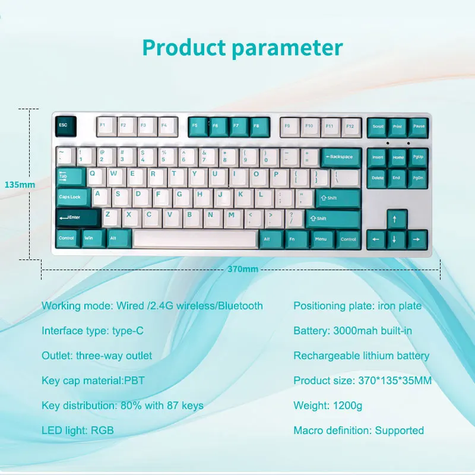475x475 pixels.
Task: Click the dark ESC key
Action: coord(66,126)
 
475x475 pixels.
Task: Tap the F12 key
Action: coord(351,127)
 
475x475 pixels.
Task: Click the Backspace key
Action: coord(341,158)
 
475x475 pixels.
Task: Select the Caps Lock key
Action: coord(73,198)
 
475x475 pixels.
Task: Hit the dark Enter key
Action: coord(78,218)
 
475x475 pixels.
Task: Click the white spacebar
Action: coord(195,239)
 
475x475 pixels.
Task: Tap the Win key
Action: coord(94,239)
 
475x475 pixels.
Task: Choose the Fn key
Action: coord(297,240)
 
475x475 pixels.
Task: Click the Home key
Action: coord(397,158)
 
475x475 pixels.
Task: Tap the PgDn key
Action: coord(418,179)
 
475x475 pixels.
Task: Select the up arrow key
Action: coord(397,219)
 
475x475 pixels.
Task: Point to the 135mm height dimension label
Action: coord(20,185)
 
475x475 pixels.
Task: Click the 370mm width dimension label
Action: coord(243,269)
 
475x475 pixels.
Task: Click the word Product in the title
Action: coord(184,48)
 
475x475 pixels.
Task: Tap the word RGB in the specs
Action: coord(102,430)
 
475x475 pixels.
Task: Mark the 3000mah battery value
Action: coord(353,331)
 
